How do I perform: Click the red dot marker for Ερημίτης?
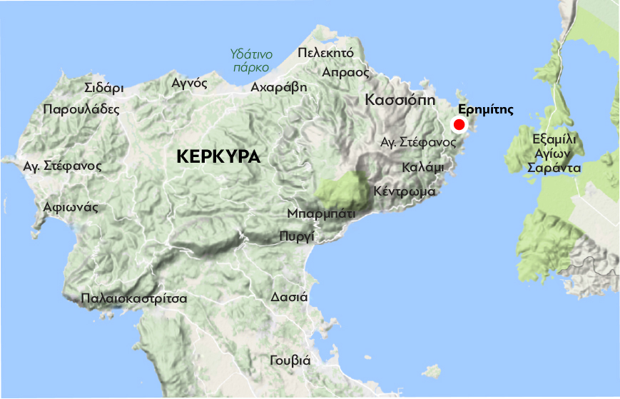pyautogui.click(x=459, y=126)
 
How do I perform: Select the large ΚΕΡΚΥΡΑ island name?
pyautogui.click(x=218, y=157)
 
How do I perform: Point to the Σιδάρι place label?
pyautogui.click(x=103, y=89)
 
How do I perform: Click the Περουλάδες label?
pyautogui.click(x=81, y=110)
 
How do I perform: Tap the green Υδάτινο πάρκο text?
pyautogui.click(x=250, y=60)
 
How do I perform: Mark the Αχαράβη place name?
pyautogui.click(x=279, y=87)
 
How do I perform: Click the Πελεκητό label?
pyautogui.click(x=325, y=53)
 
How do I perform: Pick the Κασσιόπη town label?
pyautogui.click(x=400, y=99)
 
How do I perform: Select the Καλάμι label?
pyautogui.click(x=423, y=167)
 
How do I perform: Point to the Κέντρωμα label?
pyautogui.click(x=405, y=191)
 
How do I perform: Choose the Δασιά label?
pyautogui.click(x=289, y=297)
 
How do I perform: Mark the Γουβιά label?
pyautogui.click(x=290, y=360)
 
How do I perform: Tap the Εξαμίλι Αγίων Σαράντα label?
pyautogui.click(x=554, y=153)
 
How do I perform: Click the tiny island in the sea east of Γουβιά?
pyautogui.click(x=432, y=370)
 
